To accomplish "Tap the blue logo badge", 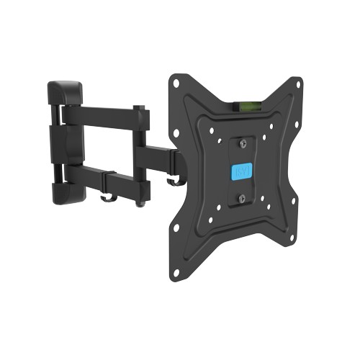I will (241, 173).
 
